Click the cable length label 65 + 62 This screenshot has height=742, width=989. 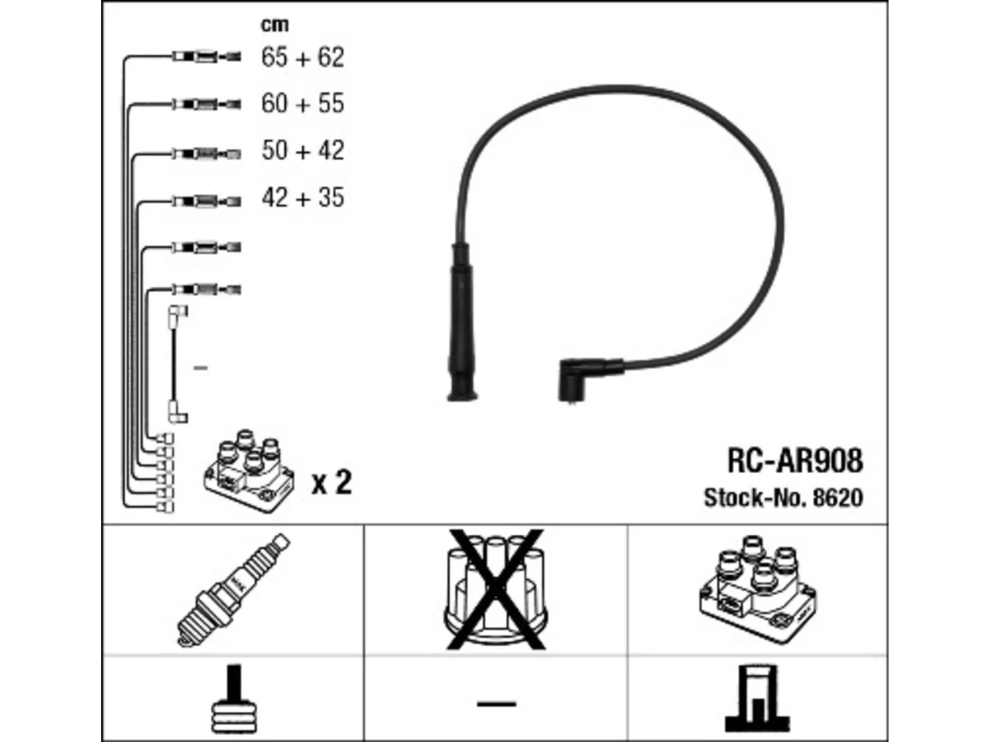pos(302,57)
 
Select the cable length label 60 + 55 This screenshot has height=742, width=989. pos(302,103)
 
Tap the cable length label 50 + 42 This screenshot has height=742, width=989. pos(302,150)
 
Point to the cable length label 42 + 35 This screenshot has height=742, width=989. pos(302,197)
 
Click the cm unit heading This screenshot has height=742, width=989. pos(274,25)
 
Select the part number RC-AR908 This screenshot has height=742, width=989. pos(795,461)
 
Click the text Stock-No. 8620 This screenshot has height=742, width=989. pos(783,498)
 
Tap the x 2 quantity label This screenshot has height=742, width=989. pos(331,482)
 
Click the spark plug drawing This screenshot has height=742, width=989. pos(233,591)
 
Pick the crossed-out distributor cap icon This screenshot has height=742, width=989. pos(495,590)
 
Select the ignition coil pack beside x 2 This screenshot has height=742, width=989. pos(249,471)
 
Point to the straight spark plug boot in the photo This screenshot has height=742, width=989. pos(462,322)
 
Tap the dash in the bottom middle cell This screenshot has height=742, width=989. pos(497,703)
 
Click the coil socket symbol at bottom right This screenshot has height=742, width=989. pos(757,699)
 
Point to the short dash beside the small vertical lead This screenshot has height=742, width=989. pos(200,368)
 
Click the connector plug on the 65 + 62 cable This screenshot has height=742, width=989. pos(206,57)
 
